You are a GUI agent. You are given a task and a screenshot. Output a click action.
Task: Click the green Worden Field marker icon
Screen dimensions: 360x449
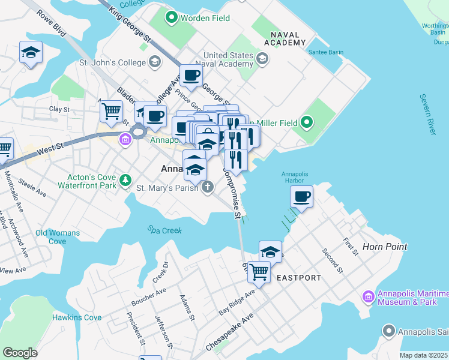(171, 18)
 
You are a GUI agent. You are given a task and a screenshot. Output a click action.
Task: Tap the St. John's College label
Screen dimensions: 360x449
(113, 62)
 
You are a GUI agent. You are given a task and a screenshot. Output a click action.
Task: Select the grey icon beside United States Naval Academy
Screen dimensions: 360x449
(262, 58)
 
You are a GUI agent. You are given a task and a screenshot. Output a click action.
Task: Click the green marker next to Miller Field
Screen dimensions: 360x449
(307, 123)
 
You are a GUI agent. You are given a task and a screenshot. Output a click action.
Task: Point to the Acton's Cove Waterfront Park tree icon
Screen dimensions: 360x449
(125, 179)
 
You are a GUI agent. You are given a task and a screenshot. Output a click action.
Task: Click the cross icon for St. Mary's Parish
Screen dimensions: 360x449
(207, 188)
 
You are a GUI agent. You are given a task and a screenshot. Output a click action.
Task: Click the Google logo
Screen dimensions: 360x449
(20, 352)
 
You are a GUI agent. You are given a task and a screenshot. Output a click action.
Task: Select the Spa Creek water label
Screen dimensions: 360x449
(164, 230)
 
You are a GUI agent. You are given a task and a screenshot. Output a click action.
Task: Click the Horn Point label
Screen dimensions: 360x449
(385, 247)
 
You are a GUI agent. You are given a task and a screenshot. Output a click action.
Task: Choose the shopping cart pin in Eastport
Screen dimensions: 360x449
(259, 271)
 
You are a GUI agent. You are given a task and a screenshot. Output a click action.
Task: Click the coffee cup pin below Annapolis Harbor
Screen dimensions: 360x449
(301, 197)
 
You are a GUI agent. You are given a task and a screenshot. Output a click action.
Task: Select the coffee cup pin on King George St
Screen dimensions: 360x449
(191, 76)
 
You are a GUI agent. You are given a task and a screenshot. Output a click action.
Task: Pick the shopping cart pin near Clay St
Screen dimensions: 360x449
(111, 110)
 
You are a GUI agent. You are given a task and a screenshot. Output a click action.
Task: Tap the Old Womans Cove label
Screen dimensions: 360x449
(58, 237)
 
